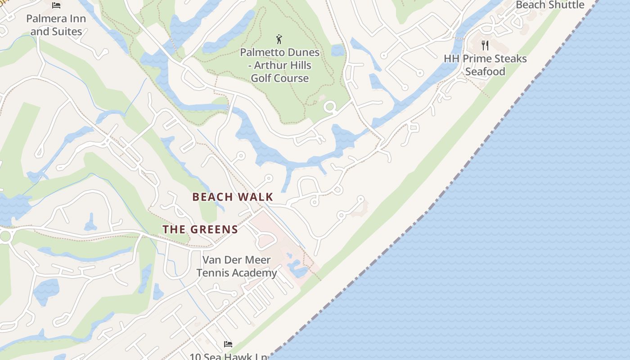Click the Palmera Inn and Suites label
(x=56, y=25)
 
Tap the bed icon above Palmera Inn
(x=56, y=5)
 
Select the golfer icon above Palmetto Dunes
(x=279, y=39)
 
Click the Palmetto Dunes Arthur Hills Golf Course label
(x=279, y=65)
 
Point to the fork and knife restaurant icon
(x=485, y=45)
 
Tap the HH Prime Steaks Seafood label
(x=485, y=65)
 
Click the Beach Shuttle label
(x=550, y=5)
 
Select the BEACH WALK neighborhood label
(x=233, y=197)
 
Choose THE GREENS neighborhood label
(x=200, y=229)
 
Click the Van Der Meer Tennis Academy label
(x=236, y=266)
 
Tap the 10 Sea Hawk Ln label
(x=228, y=356)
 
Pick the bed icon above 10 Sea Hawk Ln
(x=228, y=344)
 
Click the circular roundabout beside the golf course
(x=330, y=107)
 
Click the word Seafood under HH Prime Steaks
(x=485, y=72)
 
